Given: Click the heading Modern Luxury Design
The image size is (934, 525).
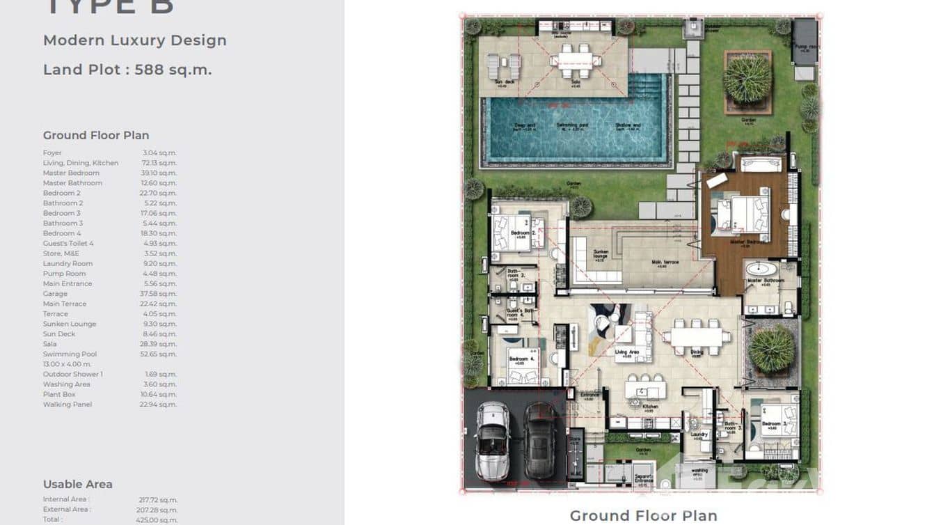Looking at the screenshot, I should point(135,40).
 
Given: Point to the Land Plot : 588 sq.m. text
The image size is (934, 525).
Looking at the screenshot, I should point(127,70).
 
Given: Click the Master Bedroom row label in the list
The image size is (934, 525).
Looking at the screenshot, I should point(71,173).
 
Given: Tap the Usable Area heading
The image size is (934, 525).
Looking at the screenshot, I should point(78,484).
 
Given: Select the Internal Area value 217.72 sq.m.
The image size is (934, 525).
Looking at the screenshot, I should point(159,499).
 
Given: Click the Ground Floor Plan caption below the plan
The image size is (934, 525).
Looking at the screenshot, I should point(643,516).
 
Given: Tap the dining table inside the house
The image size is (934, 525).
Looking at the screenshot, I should point(696,336).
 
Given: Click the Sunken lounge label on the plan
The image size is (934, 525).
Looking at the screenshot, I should point(601,254).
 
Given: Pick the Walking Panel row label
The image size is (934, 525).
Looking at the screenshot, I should point(68,405).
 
